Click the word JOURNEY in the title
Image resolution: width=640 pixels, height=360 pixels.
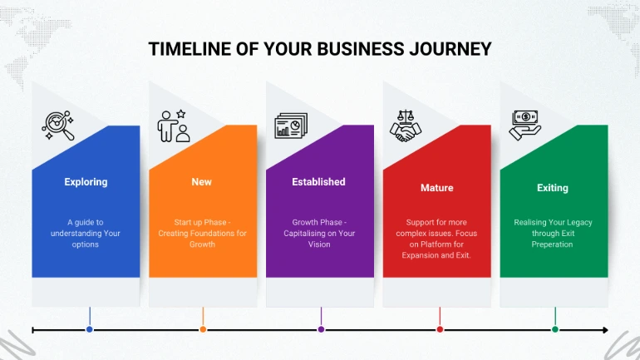pos(450,49)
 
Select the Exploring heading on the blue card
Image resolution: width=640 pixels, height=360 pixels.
pos(86,182)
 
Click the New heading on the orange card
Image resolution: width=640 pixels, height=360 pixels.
pos(202,181)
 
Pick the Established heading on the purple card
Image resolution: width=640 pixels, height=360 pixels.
pos(318,181)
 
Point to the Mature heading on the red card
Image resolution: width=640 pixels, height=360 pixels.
pos(436,188)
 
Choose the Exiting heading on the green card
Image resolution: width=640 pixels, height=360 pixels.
pos(552,188)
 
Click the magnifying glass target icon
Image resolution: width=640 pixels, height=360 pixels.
pos(58,126)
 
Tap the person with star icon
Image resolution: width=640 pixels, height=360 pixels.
pos(174,126)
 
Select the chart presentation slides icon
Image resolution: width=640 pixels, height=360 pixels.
pos(291,126)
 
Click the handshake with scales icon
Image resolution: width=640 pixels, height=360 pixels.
pos(406,126)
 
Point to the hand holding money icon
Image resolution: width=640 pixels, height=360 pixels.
pos(525,126)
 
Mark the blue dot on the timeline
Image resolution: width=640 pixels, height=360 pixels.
pos(90,329)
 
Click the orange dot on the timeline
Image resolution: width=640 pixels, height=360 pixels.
pos(203,329)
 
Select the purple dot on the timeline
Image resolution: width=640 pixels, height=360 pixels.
pos(321,329)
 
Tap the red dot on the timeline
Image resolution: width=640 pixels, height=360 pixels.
pos(440,329)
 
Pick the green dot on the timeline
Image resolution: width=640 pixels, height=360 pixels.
pos(555,329)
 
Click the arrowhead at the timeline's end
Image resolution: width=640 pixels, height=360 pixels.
pos(606,330)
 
